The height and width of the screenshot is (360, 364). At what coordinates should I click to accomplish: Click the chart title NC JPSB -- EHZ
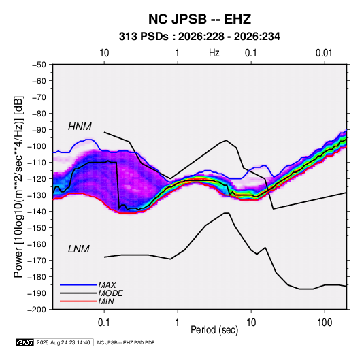[199, 19]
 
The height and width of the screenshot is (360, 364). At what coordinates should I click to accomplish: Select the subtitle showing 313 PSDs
[199, 37]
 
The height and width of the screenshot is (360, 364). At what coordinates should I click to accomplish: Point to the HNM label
[80, 127]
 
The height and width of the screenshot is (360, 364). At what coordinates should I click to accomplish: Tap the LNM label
[79, 249]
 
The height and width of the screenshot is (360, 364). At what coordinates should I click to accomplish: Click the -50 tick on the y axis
[39, 65]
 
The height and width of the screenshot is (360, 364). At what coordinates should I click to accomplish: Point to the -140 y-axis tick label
[37, 212]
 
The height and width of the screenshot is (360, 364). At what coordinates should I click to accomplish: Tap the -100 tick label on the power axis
[37, 146]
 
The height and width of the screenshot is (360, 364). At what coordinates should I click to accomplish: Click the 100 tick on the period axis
[325, 323]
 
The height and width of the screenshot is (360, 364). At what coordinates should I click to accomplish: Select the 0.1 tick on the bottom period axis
[104, 323]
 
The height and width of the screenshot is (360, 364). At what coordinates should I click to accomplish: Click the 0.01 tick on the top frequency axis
[324, 53]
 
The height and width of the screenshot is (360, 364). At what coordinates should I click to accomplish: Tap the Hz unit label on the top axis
[214, 53]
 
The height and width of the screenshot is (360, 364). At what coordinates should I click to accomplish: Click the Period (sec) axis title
[214, 330]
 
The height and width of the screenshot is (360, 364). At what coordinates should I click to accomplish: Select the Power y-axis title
[18, 186]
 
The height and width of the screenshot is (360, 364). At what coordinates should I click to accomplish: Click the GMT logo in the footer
[24, 342]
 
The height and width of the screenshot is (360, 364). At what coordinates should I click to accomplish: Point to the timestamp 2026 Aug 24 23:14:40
[63, 342]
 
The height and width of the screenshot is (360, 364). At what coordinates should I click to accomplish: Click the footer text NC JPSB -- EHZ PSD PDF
[126, 342]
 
